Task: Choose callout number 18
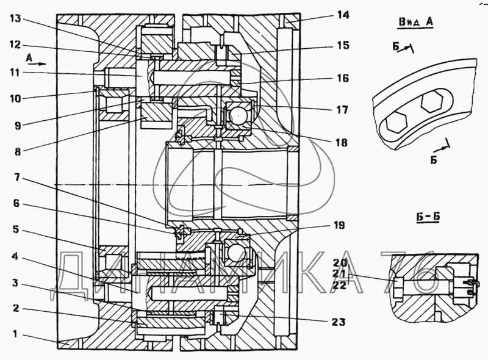click(340, 143)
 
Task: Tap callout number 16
click(342, 78)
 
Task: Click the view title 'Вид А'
click(415, 23)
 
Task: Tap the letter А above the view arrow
click(29, 56)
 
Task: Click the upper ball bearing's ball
click(235, 115)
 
